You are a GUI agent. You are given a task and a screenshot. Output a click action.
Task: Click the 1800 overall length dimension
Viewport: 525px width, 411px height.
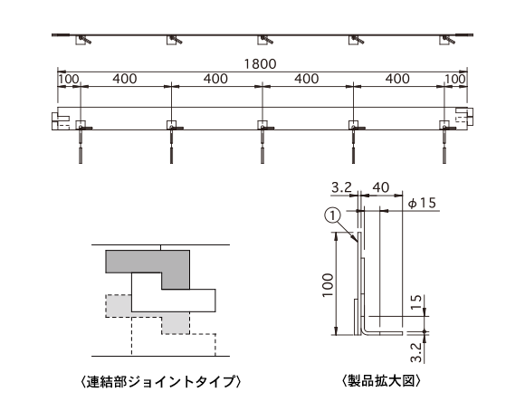point(260,63)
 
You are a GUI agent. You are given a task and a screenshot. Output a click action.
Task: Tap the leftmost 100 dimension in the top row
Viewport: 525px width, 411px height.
point(69,79)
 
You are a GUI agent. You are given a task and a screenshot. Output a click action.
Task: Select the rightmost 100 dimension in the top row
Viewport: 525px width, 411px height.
point(455,79)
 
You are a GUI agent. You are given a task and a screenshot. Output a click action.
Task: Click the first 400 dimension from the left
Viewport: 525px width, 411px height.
point(125,79)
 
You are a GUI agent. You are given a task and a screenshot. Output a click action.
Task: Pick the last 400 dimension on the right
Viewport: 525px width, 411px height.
point(397,79)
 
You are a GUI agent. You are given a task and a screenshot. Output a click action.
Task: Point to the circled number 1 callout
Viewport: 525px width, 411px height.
point(332,216)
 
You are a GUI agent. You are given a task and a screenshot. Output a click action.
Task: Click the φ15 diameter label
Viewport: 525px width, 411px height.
point(422,203)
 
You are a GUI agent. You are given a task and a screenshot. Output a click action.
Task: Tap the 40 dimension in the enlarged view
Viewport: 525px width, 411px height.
point(381,187)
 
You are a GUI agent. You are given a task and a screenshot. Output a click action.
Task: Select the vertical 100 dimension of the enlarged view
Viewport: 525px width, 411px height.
point(328,285)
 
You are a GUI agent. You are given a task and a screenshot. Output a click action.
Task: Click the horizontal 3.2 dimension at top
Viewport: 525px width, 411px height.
point(341,187)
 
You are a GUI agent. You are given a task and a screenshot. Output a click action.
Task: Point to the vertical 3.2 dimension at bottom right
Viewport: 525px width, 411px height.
point(415,352)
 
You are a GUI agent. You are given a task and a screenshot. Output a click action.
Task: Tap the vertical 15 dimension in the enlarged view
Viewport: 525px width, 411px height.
point(415,302)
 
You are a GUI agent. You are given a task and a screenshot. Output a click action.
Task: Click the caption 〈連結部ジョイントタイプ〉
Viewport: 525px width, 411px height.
point(161,381)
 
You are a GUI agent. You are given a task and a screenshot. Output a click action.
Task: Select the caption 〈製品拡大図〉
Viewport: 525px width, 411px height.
point(381,381)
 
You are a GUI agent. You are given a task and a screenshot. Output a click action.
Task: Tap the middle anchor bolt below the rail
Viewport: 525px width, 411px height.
point(262,143)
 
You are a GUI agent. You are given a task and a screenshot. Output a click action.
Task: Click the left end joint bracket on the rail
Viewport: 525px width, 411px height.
point(61,121)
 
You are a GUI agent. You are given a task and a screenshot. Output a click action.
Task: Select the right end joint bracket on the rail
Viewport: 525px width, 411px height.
point(464,116)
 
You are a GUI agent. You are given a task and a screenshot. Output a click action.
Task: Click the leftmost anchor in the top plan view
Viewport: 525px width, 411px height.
point(81,40)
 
